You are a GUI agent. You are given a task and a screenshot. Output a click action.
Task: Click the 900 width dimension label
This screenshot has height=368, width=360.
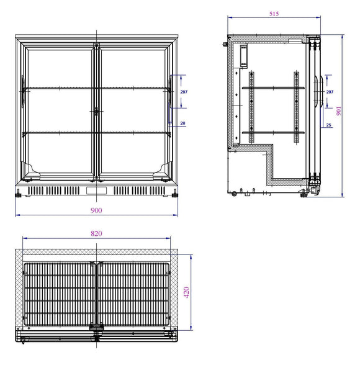[96, 210]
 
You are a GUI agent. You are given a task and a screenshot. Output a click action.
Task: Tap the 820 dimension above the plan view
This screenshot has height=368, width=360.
[97, 233]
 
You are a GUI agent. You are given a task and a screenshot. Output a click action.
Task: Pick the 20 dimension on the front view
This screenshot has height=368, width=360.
[182, 123]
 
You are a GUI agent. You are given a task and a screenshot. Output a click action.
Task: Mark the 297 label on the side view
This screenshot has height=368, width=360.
[330, 92]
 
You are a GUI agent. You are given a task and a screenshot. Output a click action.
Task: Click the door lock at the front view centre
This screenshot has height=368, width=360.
[96, 111]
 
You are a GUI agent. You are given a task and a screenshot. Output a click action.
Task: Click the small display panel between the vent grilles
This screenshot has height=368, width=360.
[96, 190]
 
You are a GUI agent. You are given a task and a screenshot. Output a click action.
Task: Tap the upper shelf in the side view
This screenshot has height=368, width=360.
[273, 88]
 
